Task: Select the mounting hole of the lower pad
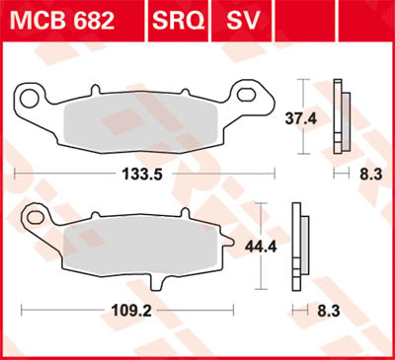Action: pos(36,214)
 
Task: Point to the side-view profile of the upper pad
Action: pos(341,113)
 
